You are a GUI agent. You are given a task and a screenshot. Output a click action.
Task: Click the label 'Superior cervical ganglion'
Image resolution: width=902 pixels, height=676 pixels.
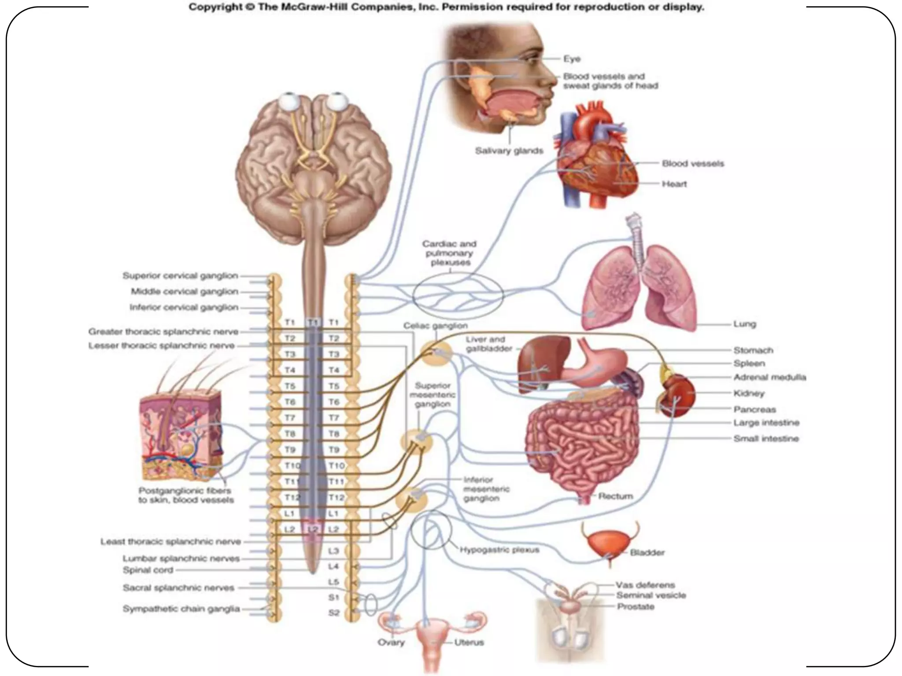[x=180, y=276]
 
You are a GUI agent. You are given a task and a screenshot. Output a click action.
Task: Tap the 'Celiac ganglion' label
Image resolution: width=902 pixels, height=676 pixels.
[x=436, y=326]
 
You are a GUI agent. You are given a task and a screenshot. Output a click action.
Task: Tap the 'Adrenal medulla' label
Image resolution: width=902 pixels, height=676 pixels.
[x=769, y=377]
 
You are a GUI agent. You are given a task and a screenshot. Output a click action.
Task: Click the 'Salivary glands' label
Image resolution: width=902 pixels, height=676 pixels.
[x=509, y=151]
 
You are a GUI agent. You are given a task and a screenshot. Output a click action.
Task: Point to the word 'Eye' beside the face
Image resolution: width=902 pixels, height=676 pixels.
[x=572, y=59]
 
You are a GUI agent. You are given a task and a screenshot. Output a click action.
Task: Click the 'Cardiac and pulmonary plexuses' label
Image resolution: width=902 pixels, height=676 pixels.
[x=450, y=253]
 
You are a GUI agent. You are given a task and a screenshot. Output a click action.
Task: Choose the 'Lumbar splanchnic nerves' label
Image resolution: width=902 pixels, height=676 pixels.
[x=181, y=558]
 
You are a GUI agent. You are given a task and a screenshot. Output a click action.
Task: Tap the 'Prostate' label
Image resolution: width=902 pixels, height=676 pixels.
[x=635, y=607]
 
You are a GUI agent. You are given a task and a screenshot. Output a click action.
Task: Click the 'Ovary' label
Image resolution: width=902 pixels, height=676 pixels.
[x=391, y=643]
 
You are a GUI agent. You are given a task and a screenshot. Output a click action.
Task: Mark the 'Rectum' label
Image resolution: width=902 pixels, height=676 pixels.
[x=615, y=496]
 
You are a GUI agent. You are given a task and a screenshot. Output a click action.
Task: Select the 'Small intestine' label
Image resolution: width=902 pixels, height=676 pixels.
[x=766, y=439]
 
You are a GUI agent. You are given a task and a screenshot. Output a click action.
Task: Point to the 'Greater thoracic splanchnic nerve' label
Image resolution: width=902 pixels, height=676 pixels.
[x=163, y=332]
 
